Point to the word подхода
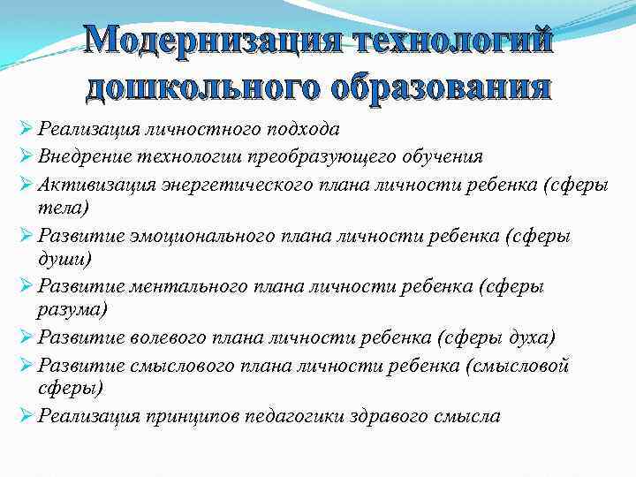click(x=307, y=130)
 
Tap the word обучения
click(x=445, y=157)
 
